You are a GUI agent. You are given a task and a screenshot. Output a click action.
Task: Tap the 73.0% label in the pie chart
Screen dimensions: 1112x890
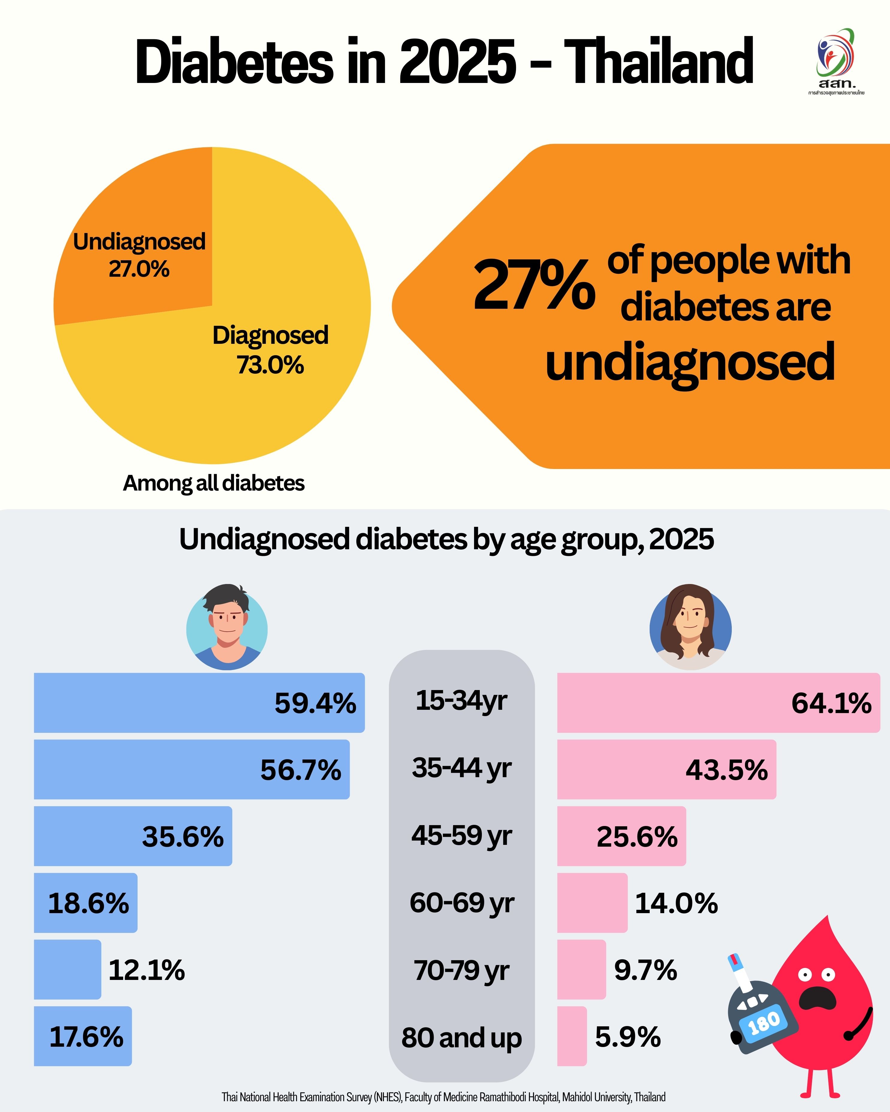click(x=270, y=365)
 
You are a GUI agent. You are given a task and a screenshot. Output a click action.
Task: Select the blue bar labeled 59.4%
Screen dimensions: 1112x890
click(x=155, y=703)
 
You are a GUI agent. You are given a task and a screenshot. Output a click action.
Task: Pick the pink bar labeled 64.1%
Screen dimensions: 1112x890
click(x=671, y=703)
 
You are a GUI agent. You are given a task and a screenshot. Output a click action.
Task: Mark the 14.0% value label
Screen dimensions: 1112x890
click(x=676, y=903)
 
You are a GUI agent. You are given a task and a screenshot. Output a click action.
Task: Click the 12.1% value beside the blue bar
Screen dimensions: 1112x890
click(x=147, y=970)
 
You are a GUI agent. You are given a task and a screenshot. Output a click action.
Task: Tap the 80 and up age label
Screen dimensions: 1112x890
click(x=462, y=1037)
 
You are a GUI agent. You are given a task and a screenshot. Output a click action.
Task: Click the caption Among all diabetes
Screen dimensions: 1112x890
click(x=214, y=483)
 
